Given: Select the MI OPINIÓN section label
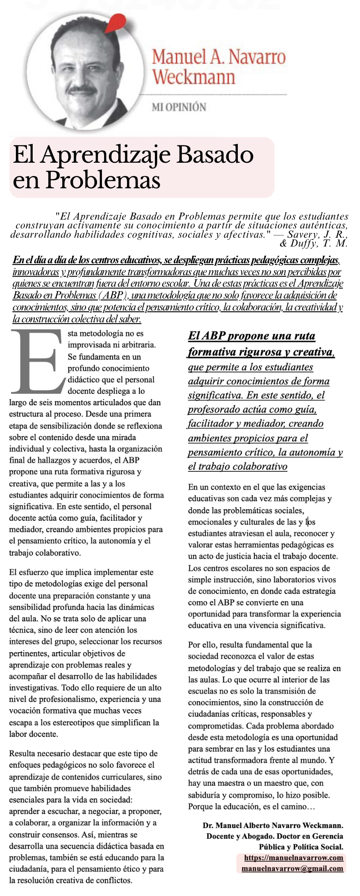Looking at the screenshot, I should pos(179,107).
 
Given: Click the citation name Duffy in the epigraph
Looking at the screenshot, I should pos(305,243).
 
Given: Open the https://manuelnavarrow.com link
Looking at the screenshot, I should pos(293,858).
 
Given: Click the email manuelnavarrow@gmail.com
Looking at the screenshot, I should pos(292,869).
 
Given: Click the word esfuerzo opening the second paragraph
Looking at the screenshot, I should pos(36,572).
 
